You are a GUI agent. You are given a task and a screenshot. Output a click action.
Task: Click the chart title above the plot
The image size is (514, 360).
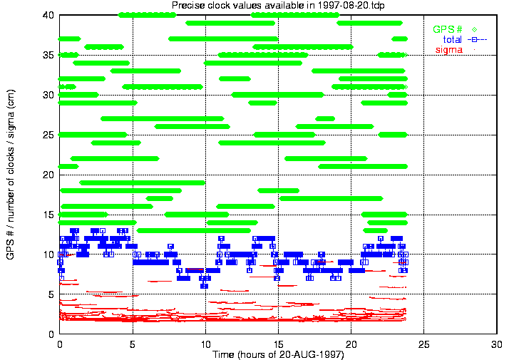click(278, 6)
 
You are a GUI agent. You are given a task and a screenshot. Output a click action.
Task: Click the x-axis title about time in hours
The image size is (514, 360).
click(278, 354)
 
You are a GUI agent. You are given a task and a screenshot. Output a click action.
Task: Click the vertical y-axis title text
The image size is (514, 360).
click(10, 174)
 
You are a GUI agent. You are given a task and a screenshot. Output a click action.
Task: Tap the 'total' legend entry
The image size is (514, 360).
click(453, 39)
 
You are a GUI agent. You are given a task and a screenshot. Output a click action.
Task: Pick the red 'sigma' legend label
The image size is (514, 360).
click(448, 49)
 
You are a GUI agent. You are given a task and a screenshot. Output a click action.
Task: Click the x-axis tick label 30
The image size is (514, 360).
click(497, 344)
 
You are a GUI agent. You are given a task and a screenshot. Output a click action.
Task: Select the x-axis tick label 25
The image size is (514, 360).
click(424, 344)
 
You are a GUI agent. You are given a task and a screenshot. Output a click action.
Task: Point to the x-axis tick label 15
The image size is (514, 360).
click(278, 344)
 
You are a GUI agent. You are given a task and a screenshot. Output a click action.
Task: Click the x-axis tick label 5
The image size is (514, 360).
click(133, 344)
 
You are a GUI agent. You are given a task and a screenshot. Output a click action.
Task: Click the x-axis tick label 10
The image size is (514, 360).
click(205, 344)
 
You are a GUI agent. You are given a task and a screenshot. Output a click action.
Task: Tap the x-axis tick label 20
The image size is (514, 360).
click(351, 344)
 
